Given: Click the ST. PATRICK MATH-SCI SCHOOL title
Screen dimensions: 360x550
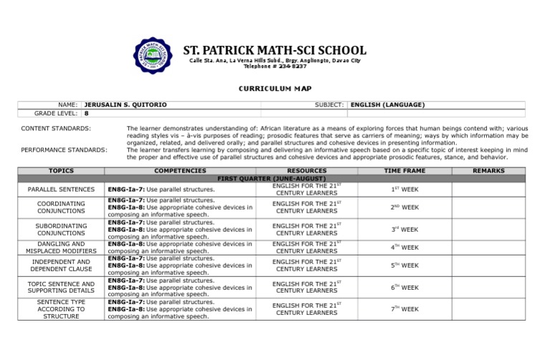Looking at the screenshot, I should tap(274, 51).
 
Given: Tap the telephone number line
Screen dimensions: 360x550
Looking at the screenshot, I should tap(275, 67).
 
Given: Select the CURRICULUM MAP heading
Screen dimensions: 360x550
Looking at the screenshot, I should tap(275, 88).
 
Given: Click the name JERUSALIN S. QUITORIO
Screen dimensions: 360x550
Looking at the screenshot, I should tap(125, 104).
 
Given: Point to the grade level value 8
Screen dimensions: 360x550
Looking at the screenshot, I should tap(87, 113).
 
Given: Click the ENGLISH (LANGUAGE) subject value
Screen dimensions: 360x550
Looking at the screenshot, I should tap(387, 104).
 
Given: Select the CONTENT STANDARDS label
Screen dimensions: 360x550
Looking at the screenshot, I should tap(56, 128).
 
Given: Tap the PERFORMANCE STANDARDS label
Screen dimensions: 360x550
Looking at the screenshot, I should tap(64, 150).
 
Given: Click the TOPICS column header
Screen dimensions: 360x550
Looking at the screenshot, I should tap(61, 171).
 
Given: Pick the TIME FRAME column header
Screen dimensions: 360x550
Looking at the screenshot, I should tap(404, 171).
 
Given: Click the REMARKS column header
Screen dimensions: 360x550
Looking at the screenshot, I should tap(488, 171).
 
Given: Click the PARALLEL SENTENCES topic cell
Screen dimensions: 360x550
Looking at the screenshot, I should tap(61, 189).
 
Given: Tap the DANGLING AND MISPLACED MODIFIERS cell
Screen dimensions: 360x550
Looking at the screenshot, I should tap(61, 248).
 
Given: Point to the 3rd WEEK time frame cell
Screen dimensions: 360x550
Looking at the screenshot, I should tap(404, 230).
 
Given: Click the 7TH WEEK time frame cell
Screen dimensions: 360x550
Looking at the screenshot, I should tap(404, 309).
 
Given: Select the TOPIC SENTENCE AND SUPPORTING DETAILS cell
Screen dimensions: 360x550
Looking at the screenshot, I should tap(61, 288).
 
